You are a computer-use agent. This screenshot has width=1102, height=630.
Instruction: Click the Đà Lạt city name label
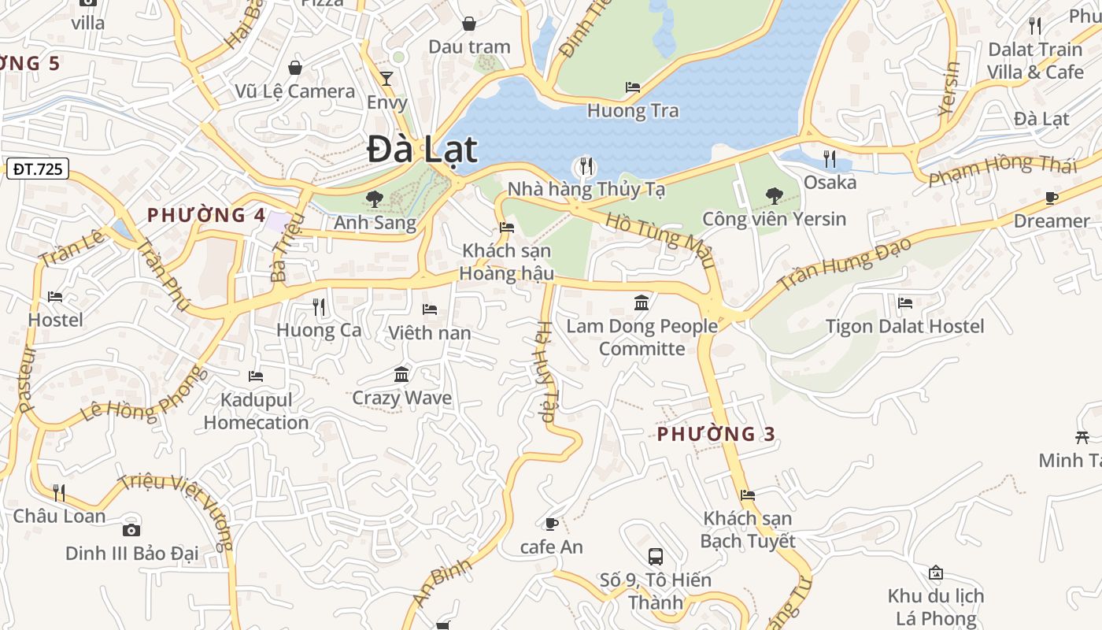[x=422, y=150]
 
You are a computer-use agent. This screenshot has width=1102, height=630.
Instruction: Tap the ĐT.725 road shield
[x=38, y=168]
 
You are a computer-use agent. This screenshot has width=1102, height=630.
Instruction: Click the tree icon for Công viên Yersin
[x=775, y=195]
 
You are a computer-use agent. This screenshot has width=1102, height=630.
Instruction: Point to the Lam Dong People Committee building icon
[x=642, y=302]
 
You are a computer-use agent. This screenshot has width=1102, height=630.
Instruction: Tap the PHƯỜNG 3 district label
[x=716, y=434]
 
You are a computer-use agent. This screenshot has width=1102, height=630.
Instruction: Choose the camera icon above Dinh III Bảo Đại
[x=131, y=530]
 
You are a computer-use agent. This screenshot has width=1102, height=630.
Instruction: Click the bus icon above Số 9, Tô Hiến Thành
[x=655, y=557]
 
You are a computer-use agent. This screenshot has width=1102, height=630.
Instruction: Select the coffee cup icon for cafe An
[x=552, y=523]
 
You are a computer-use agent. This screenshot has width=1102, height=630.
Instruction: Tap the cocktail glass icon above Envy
[x=386, y=78]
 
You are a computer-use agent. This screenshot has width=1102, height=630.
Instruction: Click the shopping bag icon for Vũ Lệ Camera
[x=295, y=68]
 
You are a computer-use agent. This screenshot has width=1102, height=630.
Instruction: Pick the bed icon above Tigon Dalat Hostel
[x=905, y=302]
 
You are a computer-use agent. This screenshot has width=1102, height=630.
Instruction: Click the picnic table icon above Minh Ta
[x=1082, y=436]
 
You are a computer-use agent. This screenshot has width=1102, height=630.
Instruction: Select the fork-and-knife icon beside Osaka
[x=830, y=159]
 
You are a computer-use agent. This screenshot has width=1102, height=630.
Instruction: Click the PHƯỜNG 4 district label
[x=206, y=215]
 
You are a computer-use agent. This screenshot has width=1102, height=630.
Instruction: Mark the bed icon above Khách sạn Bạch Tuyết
[x=748, y=495]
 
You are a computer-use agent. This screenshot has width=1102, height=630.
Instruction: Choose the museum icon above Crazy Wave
[x=401, y=374]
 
